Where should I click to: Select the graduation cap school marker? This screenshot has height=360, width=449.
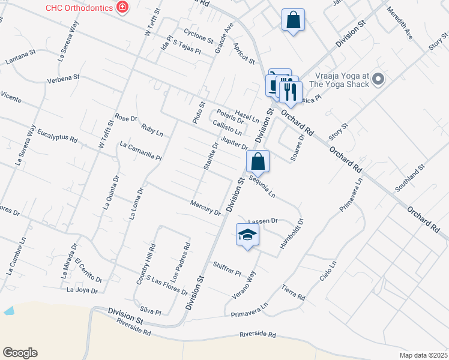click(x=247, y=235)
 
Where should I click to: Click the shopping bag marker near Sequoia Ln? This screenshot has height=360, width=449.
click(x=258, y=161)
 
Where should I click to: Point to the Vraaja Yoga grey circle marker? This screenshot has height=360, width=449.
click(x=378, y=79)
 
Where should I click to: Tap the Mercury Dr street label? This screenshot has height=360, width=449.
click(x=205, y=208)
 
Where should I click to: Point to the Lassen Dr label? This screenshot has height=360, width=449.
click(x=262, y=221)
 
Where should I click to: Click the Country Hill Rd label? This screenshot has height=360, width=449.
click(x=145, y=265)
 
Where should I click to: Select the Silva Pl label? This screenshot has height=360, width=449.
click(x=149, y=312)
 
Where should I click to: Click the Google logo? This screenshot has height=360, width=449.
click(x=20, y=353)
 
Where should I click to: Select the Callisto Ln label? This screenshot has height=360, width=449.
click(x=228, y=127)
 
